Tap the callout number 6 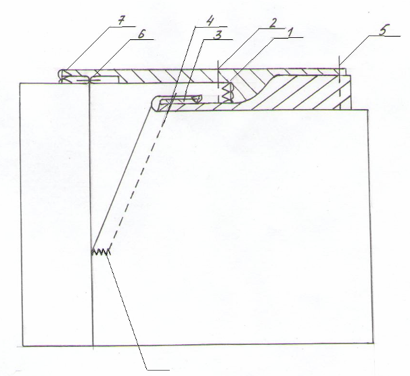(x=141, y=34)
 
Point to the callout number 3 (x=218, y=35)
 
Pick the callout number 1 (x=290, y=33)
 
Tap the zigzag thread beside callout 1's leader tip (x=227, y=92)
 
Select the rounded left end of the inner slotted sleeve (x=154, y=104)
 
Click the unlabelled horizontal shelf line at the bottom (x=158, y=370)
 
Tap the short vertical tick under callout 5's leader (x=339, y=69)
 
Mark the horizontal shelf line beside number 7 (x=123, y=26)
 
